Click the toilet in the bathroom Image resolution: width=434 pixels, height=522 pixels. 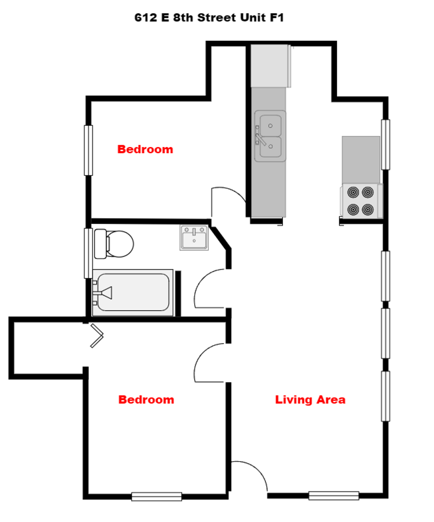(x=114, y=244)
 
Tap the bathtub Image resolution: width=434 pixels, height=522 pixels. (x=133, y=292)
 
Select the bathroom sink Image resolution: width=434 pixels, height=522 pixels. (x=194, y=237)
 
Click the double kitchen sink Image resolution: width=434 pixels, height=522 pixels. (x=270, y=136)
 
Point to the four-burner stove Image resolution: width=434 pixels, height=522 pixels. (x=361, y=201)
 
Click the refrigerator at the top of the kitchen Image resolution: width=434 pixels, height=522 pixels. (x=271, y=66)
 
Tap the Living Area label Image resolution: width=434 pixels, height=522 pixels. (x=310, y=400)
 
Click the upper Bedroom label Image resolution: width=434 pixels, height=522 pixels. (x=145, y=149)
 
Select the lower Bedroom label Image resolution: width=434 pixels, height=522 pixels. (x=146, y=400)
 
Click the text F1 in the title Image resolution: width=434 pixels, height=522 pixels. (x=277, y=17)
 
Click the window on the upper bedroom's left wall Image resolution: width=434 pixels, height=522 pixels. (x=88, y=150)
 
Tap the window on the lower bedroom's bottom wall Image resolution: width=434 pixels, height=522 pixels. (x=157, y=496)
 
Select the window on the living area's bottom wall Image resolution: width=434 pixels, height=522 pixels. (x=334, y=496)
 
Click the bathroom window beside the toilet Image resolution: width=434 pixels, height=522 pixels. (x=88, y=253)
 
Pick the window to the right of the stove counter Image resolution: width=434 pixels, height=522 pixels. (x=385, y=145)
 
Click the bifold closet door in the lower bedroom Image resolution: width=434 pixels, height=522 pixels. (x=97, y=335)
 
